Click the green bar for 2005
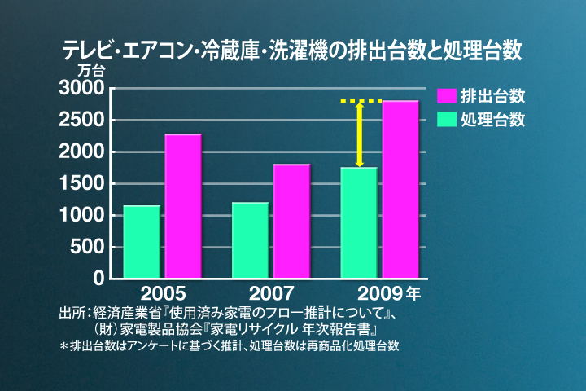point(142,242)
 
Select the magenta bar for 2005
point(183,206)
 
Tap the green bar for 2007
point(250,240)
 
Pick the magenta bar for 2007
point(291,222)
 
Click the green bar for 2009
point(359,223)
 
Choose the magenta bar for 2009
point(400,190)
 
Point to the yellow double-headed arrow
point(359,134)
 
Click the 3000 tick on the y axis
point(81,88)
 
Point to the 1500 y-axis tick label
point(81,184)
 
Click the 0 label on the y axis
point(99,279)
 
